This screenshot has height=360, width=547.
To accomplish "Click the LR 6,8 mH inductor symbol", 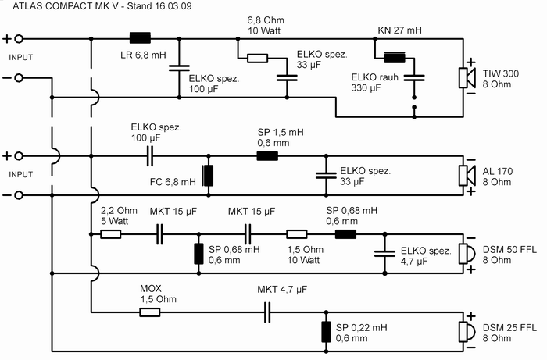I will coord(140,37).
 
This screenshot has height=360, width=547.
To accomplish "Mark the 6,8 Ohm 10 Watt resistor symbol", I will coord(257,58).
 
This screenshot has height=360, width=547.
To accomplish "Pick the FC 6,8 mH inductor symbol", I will coord(208,176).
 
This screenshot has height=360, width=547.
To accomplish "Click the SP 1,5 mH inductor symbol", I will coord(268,155).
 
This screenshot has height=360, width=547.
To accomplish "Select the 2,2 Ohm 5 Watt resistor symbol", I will coord(110,233).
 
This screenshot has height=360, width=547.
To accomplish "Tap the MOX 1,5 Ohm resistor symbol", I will coord(149,312).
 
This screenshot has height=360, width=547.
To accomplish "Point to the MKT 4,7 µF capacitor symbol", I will coord(267,312).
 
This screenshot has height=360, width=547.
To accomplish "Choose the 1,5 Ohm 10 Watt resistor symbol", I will coord(297,233).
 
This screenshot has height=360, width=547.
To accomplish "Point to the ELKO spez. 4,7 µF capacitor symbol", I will coord(384,253).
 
